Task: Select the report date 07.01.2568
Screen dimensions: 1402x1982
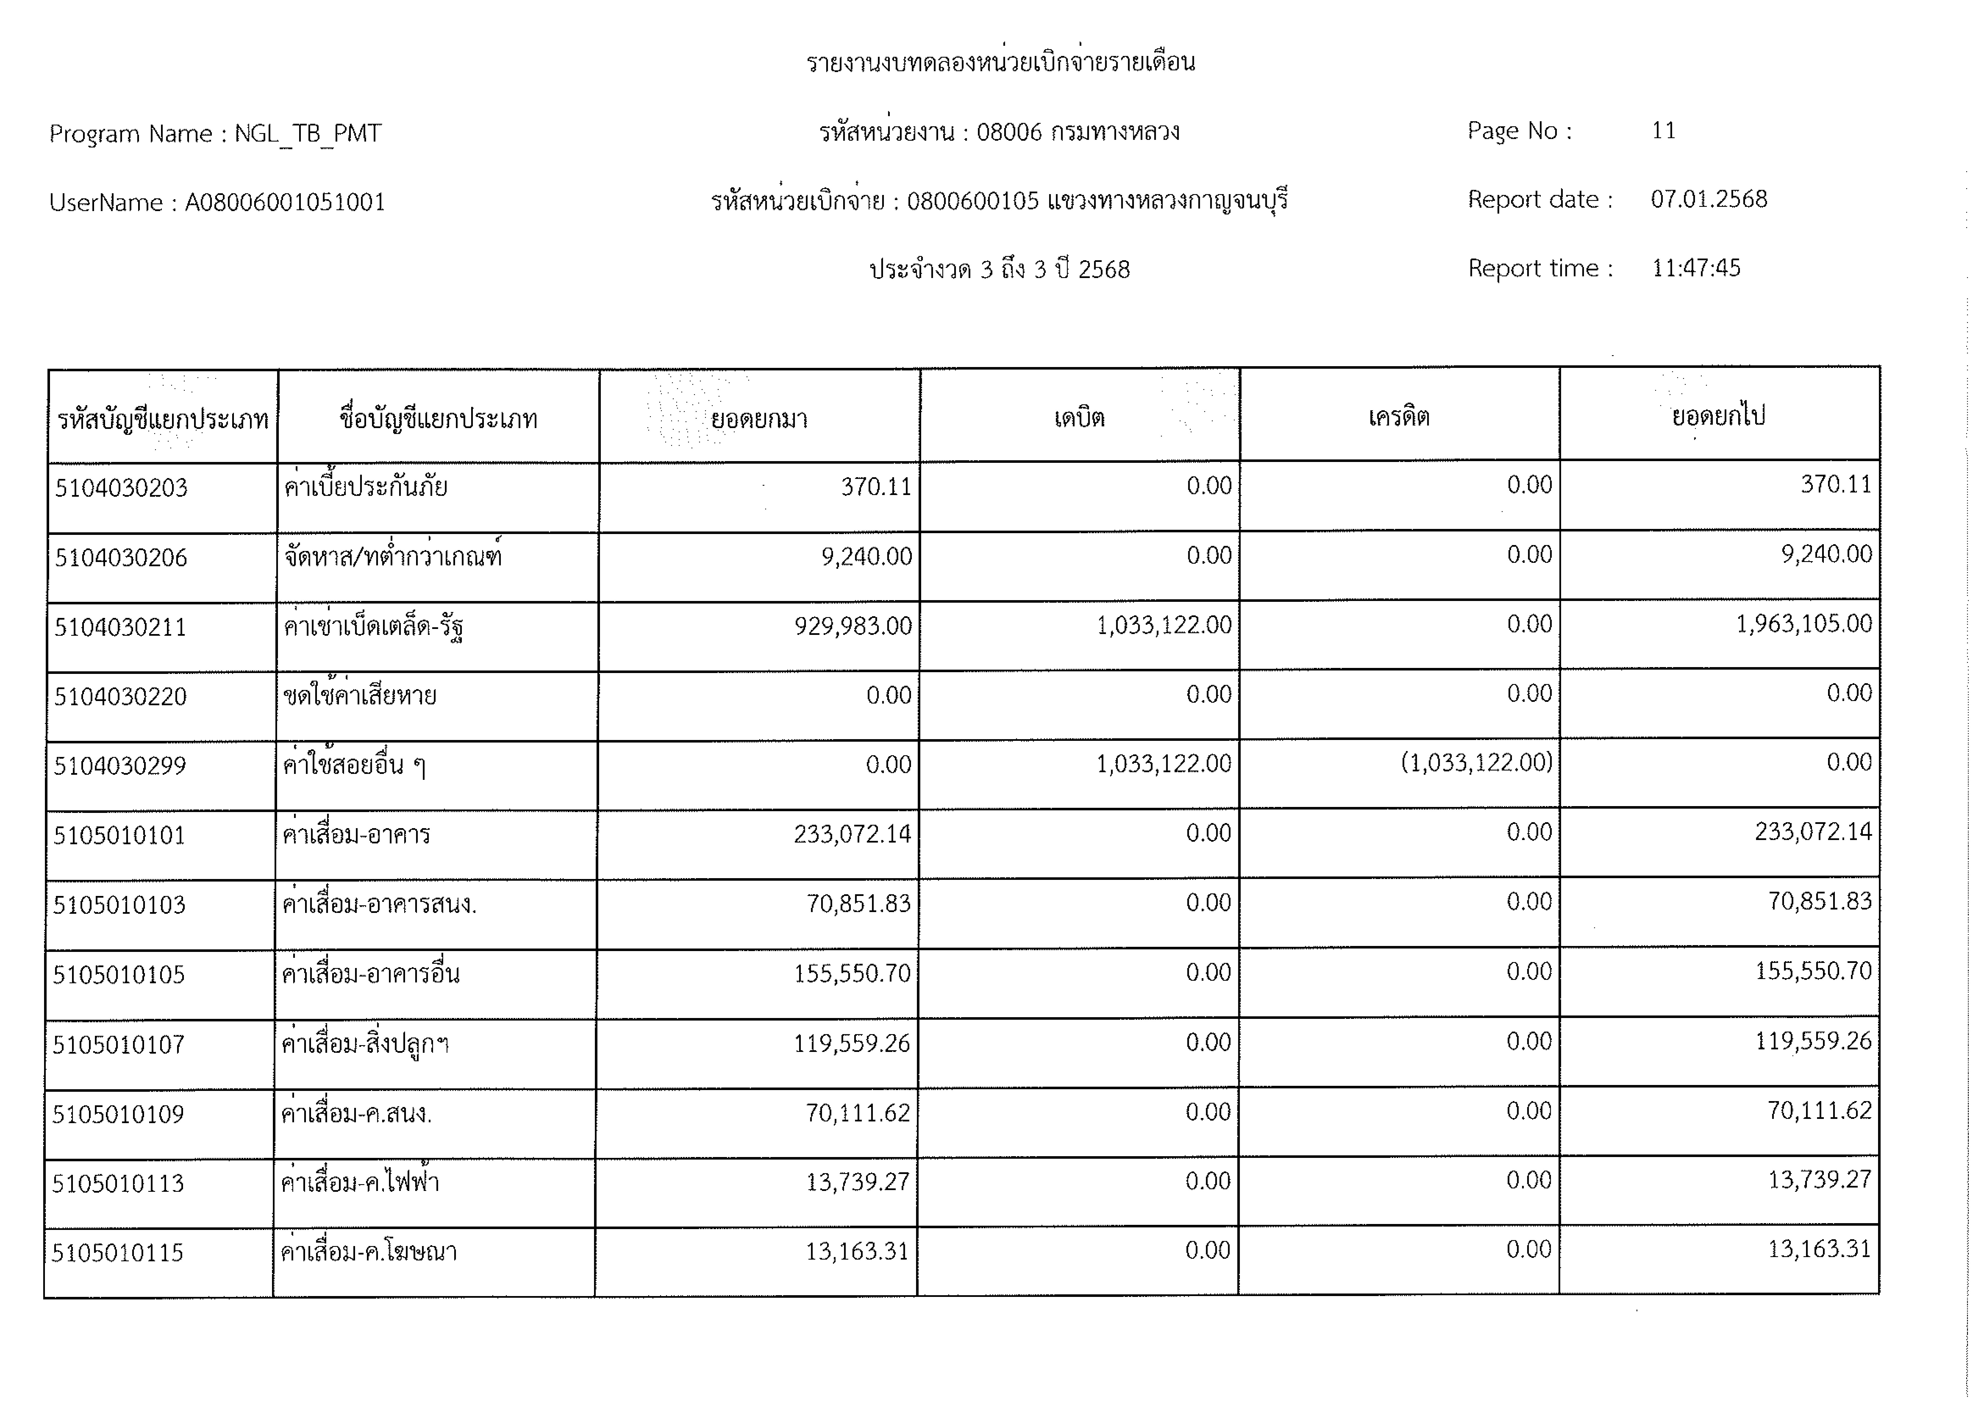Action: point(1708,199)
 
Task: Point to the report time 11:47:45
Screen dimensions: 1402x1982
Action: point(1695,268)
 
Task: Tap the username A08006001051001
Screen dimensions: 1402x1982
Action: point(285,203)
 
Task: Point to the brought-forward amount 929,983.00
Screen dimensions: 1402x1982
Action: point(853,626)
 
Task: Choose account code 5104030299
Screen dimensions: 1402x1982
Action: point(120,766)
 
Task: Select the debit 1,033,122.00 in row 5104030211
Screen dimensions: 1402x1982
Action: point(1164,625)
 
